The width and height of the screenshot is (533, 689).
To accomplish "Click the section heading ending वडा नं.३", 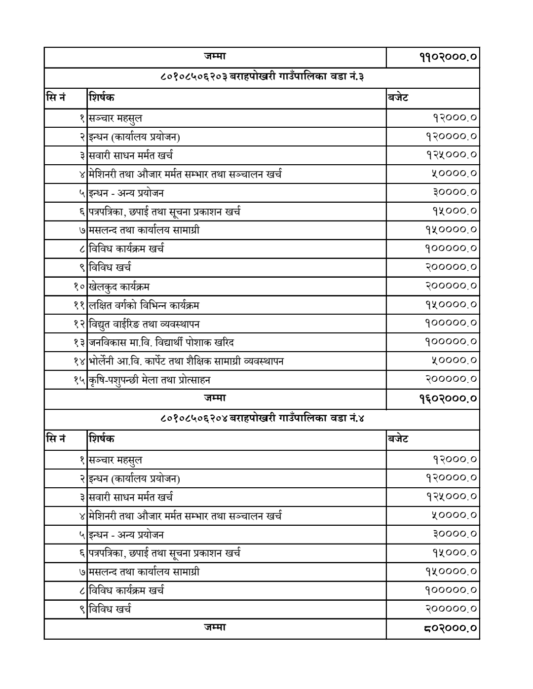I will (x=262, y=77).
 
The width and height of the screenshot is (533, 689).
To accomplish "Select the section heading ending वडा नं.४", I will (x=262, y=419).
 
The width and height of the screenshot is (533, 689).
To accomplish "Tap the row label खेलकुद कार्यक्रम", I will (x=119, y=286).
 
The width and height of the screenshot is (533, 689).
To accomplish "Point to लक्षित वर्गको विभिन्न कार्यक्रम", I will (x=144, y=305).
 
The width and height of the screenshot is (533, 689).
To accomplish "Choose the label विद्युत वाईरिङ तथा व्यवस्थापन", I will (x=144, y=324).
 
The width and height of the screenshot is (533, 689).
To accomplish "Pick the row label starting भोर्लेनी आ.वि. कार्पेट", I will (x=186, y=361).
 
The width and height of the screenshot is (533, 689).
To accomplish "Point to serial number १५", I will (x=77, y=380).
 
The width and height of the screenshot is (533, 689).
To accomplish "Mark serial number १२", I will (x=77, y=324).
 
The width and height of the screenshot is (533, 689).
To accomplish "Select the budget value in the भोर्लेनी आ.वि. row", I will (x=454, y=361).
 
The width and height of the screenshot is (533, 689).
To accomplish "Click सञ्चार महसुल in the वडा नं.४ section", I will (x=115, y=460).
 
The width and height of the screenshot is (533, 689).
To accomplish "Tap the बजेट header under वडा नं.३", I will (x=398, y=97).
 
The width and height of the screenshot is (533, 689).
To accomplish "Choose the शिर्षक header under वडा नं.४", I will (x=101, y=438).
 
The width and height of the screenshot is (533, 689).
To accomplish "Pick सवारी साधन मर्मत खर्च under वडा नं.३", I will (x=131, y=155).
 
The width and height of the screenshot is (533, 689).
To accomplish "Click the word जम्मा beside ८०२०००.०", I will (x=215, y=627).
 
